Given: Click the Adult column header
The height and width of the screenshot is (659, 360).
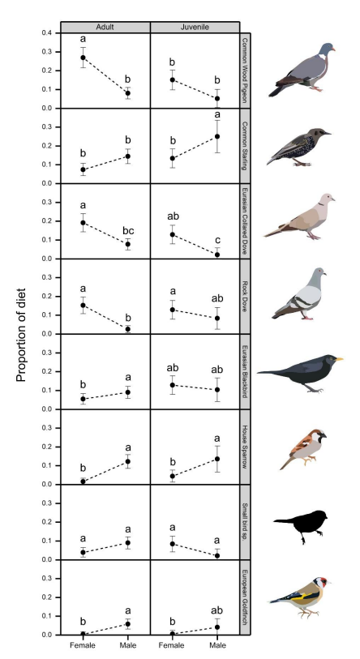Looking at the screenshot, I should [105, 27].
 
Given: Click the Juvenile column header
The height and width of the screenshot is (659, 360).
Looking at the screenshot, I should [195, 27].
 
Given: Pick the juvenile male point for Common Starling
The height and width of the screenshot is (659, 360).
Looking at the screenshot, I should [217, 136].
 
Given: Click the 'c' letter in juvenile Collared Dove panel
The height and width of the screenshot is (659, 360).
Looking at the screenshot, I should [217, 239].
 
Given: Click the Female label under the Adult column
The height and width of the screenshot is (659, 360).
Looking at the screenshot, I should [83, 645].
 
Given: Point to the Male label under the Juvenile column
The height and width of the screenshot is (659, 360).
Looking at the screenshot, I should [217, 645].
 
